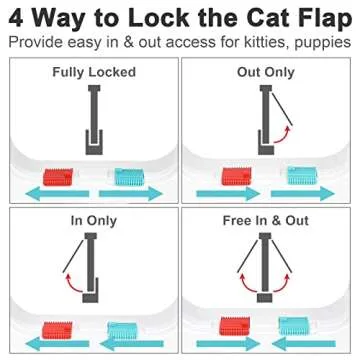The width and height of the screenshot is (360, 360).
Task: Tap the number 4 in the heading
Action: coord(19,18)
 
